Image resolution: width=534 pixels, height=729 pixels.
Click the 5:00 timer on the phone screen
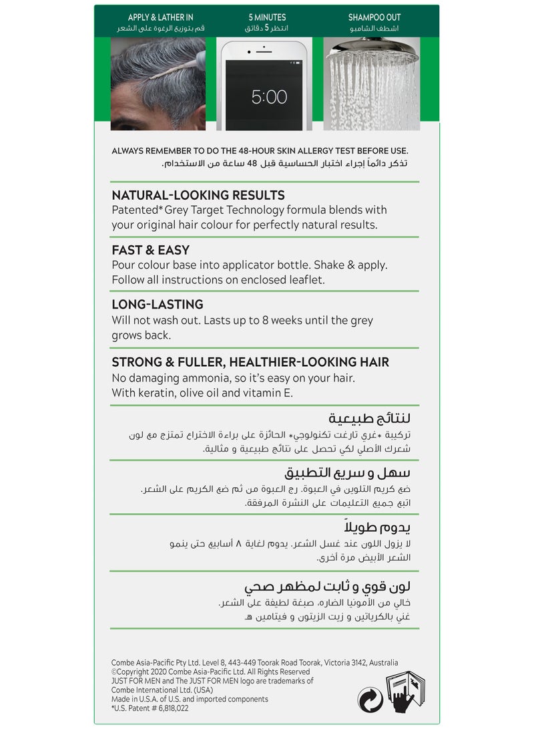tap(269, 97)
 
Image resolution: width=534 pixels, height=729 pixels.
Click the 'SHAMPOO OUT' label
tap(374, 17)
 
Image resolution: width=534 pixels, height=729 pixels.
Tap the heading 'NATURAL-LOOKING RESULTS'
tap(198, 195)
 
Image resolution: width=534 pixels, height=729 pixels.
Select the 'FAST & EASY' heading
tap(150, 251)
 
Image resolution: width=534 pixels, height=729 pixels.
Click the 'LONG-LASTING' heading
tap(158, 305)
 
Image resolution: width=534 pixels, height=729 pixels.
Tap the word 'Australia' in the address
tap(381, 663)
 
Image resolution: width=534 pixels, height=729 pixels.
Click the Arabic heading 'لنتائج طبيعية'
tap(381, 418)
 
